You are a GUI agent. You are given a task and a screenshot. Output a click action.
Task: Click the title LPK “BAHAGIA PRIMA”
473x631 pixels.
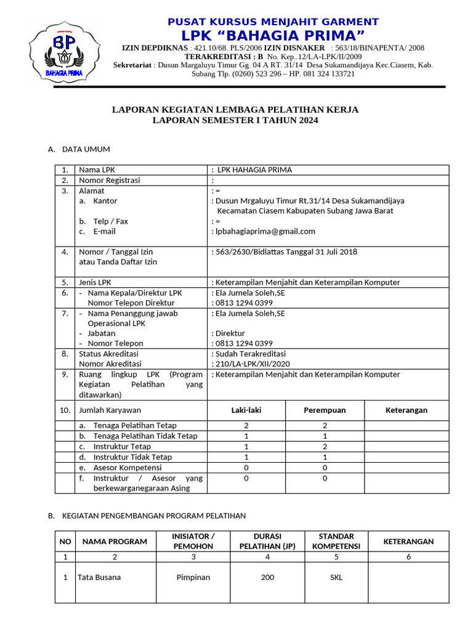click(x=273, y=35)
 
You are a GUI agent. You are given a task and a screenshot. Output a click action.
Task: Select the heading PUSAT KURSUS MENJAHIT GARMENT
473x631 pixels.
click(x=273, y=22)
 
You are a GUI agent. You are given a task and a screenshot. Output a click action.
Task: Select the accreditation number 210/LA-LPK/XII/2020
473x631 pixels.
click(x=252, y=364)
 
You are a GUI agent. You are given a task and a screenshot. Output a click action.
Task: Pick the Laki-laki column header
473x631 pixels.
click(x=246, y=410)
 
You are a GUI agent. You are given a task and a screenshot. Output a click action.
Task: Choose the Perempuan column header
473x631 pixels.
click(x=325, y=410)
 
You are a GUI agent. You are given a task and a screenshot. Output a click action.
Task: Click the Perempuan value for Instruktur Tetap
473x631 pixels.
click(x=325, y=446)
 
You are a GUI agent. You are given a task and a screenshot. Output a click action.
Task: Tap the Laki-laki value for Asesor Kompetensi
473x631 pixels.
click(x=246, y=467)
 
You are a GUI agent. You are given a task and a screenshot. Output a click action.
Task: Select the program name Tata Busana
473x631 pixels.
click(x=99, y=577)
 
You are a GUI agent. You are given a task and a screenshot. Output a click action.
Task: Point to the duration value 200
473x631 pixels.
click(x=267, y=577)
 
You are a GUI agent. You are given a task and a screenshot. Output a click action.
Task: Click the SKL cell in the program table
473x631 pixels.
click(x=336, y=577)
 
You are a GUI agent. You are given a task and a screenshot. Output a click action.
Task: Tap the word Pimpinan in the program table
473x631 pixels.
click(x=193, y=577)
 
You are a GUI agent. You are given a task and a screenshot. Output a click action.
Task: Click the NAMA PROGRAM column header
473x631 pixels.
click(x=115, y=541)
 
